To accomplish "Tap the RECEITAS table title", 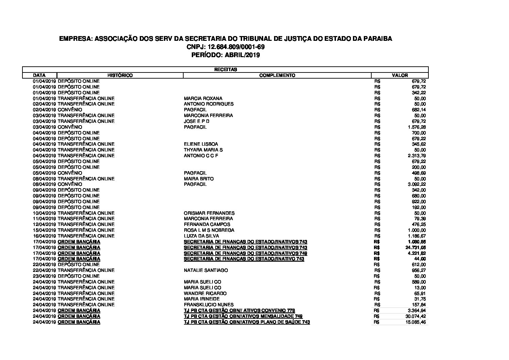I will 225,69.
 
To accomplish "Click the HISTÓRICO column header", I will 120,75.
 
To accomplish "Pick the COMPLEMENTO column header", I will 277,75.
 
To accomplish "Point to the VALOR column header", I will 400,75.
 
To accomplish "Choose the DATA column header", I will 39,75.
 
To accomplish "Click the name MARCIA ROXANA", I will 203,98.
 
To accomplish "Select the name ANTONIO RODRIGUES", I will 209,104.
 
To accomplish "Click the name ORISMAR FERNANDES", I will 209,213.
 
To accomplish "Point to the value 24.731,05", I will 415,247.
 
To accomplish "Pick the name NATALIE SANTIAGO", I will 206,270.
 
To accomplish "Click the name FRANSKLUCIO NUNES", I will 209,305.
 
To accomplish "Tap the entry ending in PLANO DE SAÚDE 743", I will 247,322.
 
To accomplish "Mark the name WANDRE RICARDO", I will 205,293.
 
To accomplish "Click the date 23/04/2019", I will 45,276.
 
